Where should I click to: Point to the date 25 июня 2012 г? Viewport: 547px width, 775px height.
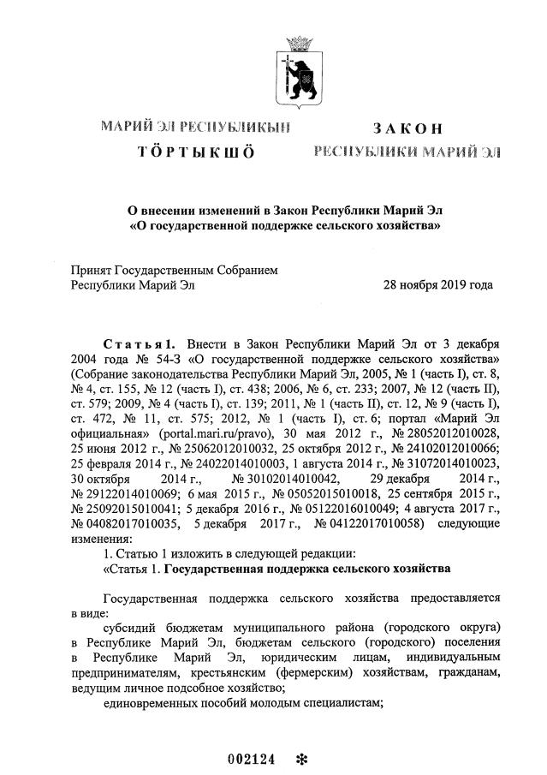coord(115,450)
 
